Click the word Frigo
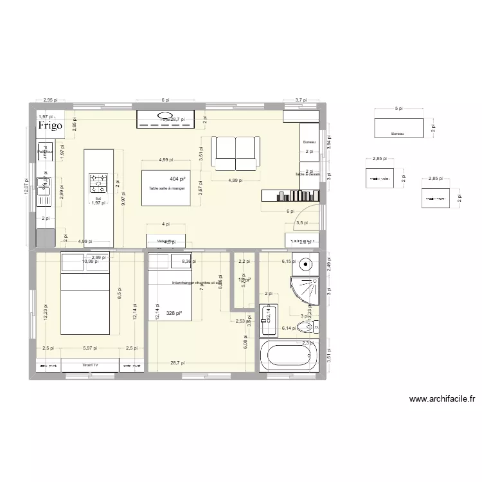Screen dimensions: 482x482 (50, 126)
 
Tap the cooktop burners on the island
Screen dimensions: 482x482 (98, 183)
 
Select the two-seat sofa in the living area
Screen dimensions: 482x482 (237, 152)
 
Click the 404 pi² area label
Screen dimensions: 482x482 (178, 179)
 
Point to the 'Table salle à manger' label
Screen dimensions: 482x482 (166, 188)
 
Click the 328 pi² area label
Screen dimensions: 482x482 (174, 314)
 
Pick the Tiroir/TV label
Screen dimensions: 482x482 (90, 365)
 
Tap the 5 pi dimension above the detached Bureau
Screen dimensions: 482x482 (399, 109)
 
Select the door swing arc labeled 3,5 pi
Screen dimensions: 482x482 (307, 215)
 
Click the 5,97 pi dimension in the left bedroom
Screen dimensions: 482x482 (90, 348)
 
